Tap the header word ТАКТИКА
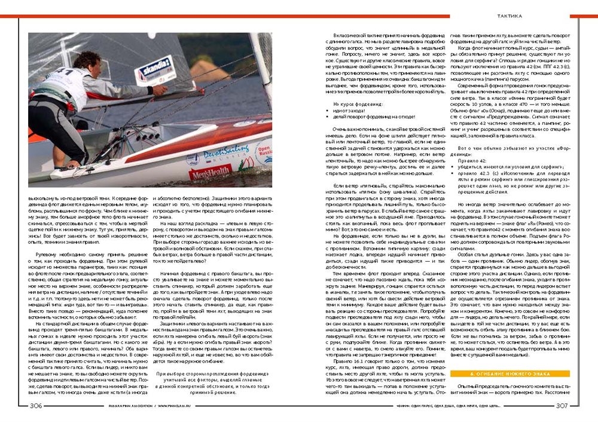tap(510, 16)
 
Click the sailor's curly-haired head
tap(88, 60)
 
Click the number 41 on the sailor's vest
tap(68, 74)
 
